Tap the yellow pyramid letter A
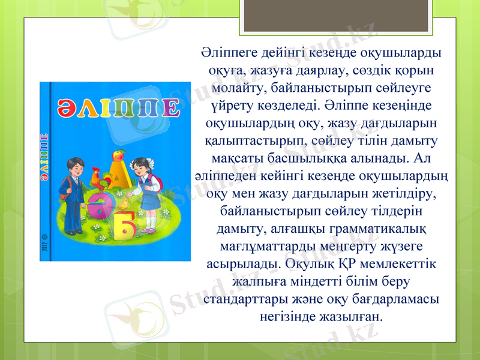pos(120,165)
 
